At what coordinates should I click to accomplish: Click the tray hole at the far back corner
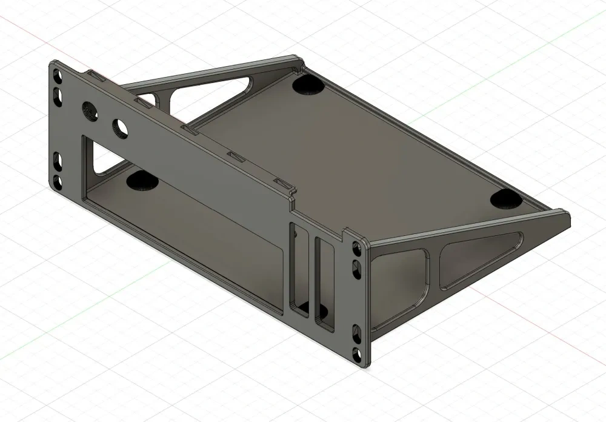tap(310, 85)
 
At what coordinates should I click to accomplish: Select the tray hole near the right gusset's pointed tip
tap(507, 198)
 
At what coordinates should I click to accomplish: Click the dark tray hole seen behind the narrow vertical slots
tap(320, 310)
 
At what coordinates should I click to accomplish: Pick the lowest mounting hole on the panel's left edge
tap(57, 182)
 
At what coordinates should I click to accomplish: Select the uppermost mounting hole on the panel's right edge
tap(356, 247)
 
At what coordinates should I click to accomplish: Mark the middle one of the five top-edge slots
tap(189, 129)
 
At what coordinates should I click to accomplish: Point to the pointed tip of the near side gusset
tap(565, 214)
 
